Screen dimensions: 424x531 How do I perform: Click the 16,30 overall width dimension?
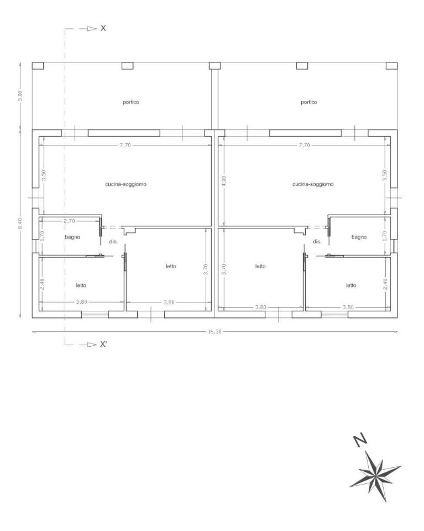click(x=214, y=331)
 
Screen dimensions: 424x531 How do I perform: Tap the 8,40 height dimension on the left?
click(x=20, y=223)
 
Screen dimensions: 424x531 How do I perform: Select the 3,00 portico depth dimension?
click(x=20, y=96)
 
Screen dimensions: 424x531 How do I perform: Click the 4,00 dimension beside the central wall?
click(x=224, y=180)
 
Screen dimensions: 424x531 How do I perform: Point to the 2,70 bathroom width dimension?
click(x=69, y=221)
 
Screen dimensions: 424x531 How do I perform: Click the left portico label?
click(x=131, y=102)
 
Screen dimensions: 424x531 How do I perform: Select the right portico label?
click(x=309, y=102)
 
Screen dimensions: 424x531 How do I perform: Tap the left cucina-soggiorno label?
click(x=126, y=184)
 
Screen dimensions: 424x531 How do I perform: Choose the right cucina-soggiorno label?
click(x=313, y=184)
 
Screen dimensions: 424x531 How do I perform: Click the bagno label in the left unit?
click(x=72, y=237)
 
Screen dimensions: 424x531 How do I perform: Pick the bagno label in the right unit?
click(x=359, y=237)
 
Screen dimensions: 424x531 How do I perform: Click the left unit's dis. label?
click(x=113, y=242)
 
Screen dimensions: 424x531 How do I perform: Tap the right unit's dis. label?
click(x=317, y=242)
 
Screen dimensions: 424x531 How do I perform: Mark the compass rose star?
click(x=375, y=476)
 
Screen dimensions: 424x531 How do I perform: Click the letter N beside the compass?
click(x=360, y=440)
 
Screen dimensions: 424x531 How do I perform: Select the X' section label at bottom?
click(x=103, y=345)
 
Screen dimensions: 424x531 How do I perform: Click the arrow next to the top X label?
click(x=88, y=29)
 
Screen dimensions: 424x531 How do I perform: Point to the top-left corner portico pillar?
click(x=38, y=66)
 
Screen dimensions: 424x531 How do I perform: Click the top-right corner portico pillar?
click(x=392, y=66)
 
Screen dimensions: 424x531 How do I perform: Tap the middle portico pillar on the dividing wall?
click(x=215, y=66)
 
